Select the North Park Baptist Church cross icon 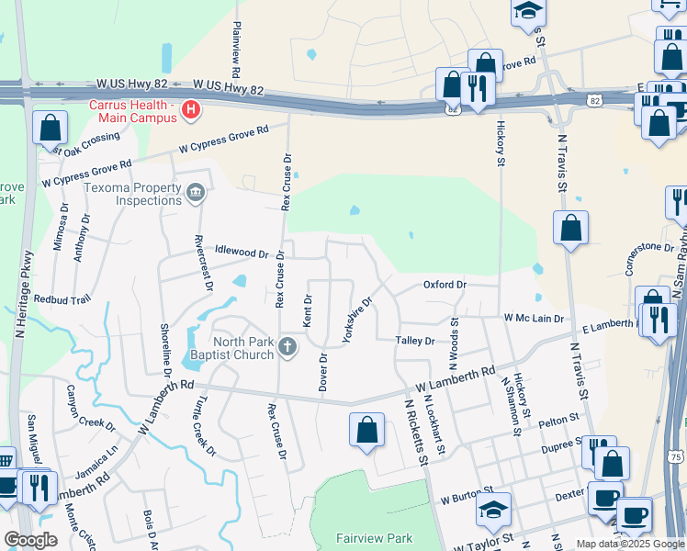tap(287, 346)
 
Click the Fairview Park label tap(373, 539)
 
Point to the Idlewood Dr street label tap(241, 252)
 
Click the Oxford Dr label tap(445, 285)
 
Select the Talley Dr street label tap(415, 341)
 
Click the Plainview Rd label tap(237, 49)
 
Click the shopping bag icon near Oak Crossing tap(50, 127)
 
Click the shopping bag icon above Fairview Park tap(366, 429)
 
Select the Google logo tap(31, 539)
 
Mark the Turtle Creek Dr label tap(204, 426)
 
